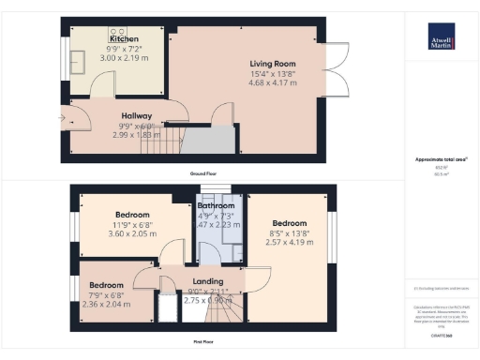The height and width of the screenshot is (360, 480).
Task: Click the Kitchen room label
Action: [124, 38]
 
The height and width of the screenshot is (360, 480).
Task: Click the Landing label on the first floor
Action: [207, 280]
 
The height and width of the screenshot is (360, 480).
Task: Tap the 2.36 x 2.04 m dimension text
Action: [106, 303]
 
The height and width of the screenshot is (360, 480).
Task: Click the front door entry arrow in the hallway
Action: [62, 119]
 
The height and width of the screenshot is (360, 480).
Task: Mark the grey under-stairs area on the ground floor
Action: [205, 141]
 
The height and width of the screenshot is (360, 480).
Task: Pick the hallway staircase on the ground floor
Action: [168, 142]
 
